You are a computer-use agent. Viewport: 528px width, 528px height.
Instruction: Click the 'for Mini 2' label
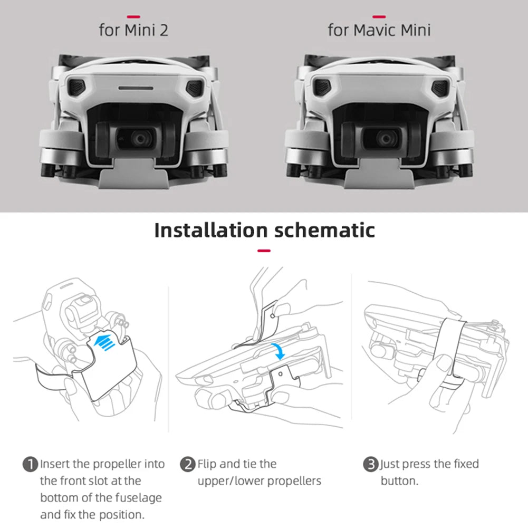(133, 30)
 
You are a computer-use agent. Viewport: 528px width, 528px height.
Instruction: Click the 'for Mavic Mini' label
(379, 30)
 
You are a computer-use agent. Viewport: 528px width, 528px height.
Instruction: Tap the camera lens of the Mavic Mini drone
(386, 138)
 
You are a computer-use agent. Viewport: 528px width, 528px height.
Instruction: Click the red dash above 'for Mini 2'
(134, 16)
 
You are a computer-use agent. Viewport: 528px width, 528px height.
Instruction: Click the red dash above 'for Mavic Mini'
(379, 16)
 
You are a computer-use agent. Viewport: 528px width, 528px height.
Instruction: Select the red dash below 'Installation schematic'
(264, 251)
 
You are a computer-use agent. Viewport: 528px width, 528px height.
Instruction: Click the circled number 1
(31, 465)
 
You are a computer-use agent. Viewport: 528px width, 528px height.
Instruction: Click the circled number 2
(188, 465)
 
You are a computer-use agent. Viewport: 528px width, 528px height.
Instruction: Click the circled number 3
(371, 465)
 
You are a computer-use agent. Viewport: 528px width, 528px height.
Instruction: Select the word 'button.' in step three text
(399, 481)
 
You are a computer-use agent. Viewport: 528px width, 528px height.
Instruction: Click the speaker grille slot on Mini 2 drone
(135, 88)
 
